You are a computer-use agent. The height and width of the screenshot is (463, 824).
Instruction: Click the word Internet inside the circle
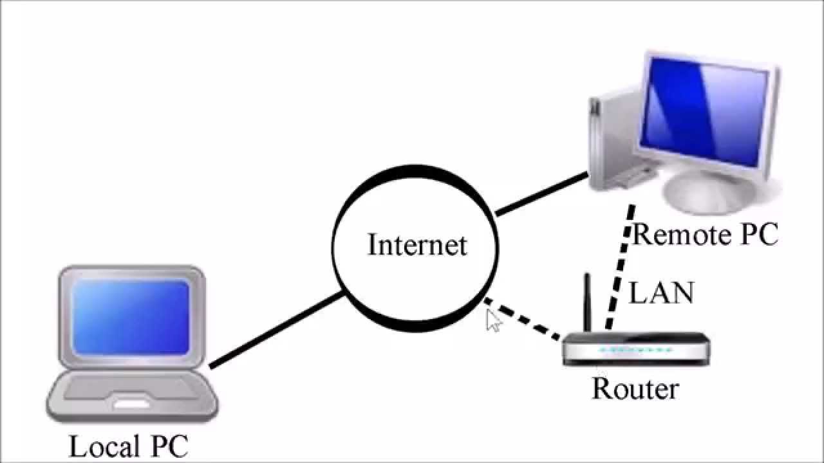pos(417,245)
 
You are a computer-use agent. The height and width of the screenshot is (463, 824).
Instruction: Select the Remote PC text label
pos(706,235)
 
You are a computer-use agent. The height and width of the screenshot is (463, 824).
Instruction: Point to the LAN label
pos(661,293)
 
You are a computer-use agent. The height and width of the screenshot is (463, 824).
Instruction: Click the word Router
pos(635,388)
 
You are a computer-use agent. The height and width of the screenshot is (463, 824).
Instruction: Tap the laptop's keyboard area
pos(132,386)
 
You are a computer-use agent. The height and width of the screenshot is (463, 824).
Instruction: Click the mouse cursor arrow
pos(492,320)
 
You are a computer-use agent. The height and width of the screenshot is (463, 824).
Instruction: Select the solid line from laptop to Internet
pos(277,330)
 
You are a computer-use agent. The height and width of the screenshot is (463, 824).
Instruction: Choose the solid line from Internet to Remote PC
pos(541,194)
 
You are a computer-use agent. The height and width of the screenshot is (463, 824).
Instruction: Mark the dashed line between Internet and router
pos(522,318)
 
